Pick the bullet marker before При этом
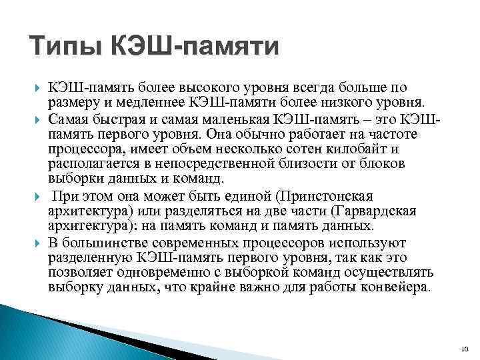(35, 197)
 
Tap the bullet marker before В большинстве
(35, 242)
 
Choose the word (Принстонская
(323, 197)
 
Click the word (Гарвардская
(375, 211)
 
